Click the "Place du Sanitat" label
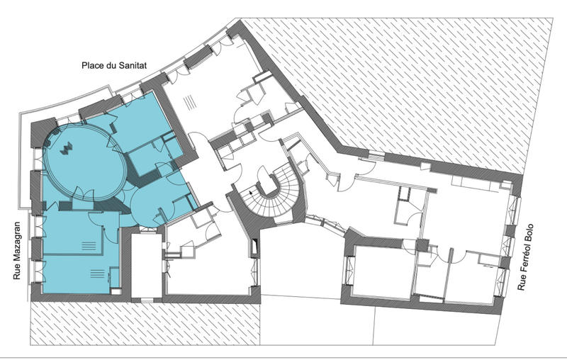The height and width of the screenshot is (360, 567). [x=114, y=65]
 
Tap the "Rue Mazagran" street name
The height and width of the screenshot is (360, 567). [x=17, y=250]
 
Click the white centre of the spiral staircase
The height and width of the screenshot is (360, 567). [x=269, y=184]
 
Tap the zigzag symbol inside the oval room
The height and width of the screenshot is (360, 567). [x=67, y=148]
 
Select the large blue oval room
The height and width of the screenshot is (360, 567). [x=84, y=162]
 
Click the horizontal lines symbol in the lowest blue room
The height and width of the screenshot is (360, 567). [x=97, y=274]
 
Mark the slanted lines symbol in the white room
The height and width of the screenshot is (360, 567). [x=190, y=103]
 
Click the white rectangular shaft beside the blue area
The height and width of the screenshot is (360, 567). [x=146, y=266]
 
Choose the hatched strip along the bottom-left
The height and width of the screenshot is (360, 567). [x=145, y=323]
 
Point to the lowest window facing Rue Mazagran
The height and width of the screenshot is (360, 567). [x=38, y=272]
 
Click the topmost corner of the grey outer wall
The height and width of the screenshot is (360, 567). [x=240, y=21]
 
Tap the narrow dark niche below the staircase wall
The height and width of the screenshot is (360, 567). [x=254, y=247]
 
